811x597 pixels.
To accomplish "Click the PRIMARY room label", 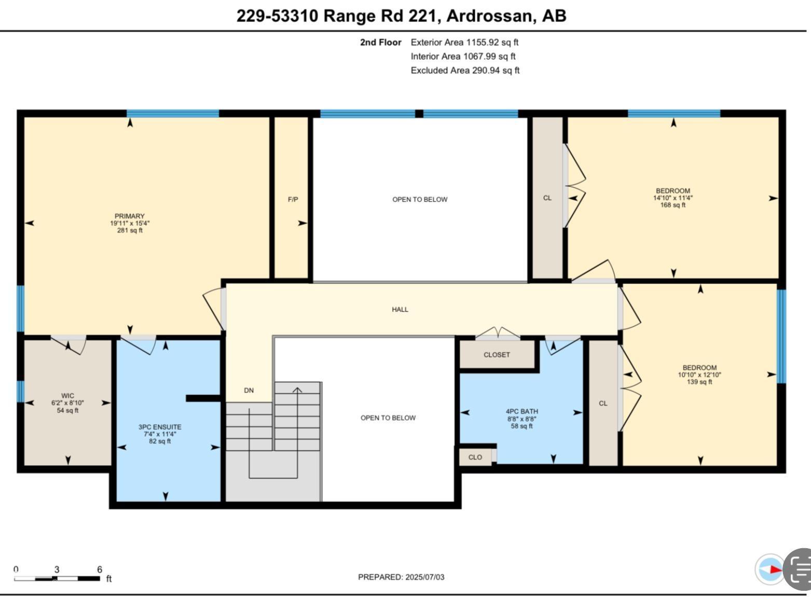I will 130,216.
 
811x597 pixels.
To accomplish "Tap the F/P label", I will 293,199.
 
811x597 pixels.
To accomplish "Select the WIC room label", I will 67,396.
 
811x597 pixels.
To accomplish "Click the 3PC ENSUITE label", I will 160,427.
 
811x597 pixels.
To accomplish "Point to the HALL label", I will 400,309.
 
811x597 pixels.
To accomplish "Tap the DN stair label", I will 249,390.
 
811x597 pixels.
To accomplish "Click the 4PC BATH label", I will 522,411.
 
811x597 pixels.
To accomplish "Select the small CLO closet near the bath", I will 475,457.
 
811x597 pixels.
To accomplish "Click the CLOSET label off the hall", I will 497,355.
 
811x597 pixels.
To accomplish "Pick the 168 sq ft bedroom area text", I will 672,205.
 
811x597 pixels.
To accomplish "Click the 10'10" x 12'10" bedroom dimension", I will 699,375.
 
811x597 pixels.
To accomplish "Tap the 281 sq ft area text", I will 130,230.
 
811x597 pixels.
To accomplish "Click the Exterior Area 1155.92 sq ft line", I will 464,43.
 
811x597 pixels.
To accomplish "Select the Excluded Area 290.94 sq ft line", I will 465,71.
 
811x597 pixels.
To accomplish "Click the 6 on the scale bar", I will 100,569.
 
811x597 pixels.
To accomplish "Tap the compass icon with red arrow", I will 770,569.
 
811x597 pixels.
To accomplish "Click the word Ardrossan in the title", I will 489,16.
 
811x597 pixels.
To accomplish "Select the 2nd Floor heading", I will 380,43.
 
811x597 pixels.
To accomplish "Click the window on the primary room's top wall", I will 173,114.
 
